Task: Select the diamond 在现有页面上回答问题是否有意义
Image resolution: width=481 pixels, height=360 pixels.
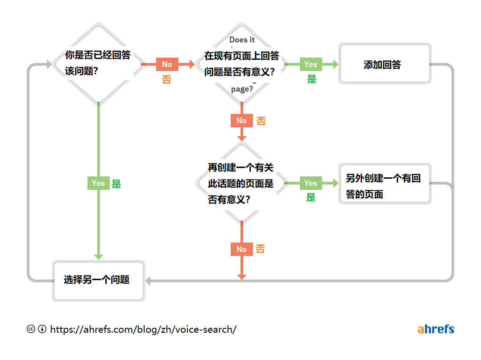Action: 241,64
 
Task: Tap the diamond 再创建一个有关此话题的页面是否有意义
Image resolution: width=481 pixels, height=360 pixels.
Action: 241,183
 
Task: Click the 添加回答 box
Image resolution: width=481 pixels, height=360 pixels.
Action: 385,64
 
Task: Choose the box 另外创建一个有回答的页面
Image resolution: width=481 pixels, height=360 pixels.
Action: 385,184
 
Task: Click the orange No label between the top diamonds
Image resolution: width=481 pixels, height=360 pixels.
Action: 167,64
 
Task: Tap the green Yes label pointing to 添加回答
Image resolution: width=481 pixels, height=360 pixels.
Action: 311,64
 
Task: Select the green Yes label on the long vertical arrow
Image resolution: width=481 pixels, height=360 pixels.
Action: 98,183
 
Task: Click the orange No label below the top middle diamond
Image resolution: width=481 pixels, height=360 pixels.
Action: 241,121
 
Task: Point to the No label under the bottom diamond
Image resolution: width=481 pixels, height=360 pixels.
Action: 241,249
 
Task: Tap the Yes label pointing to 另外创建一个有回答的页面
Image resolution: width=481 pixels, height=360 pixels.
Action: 311,183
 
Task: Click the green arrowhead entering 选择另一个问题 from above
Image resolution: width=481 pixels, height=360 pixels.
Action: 99,257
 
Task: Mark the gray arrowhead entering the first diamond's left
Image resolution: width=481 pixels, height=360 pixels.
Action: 49,65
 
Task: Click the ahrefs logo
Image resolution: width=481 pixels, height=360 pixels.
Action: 435,330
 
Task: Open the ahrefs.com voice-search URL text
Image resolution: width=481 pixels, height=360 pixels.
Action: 143,330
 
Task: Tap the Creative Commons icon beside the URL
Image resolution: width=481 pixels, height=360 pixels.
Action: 31,329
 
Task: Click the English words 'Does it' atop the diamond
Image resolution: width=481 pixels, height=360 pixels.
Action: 242,40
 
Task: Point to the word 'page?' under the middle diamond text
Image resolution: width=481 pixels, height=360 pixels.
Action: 242,89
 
